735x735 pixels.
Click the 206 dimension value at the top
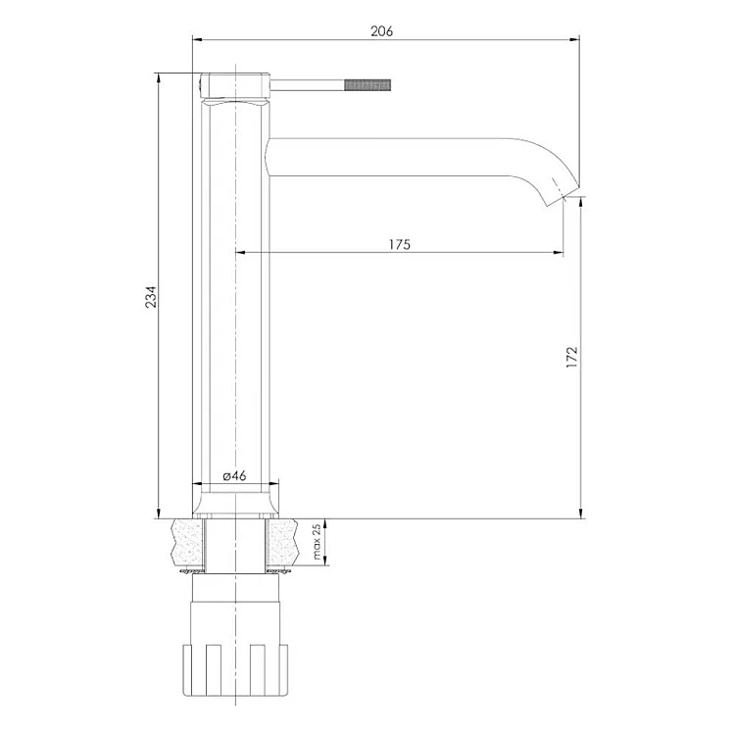point(381,31)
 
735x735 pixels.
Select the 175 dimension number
point(400,244)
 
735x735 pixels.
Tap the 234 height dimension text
point(151,296)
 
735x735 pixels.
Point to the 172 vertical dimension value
point(572,357)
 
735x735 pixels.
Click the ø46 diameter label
point(234,476)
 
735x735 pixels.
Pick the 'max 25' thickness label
point(317,541)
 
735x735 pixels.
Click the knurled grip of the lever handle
point(367,85)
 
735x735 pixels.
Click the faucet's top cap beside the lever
point(235,86)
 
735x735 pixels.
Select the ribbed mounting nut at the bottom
point(234,670)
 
